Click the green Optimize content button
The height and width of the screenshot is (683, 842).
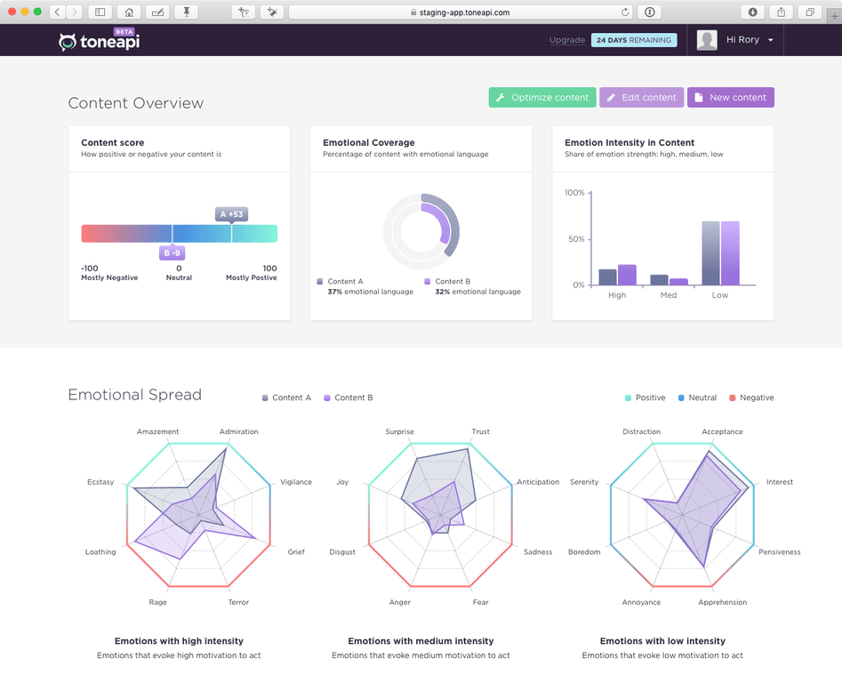click(541, 98)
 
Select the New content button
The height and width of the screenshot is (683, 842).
click(730, 98)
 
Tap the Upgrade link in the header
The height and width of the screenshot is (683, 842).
click(567, 40)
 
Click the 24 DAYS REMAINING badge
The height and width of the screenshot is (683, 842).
click(634, 40)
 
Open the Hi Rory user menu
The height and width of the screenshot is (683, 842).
click(749, 40)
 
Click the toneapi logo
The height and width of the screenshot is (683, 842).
click(100, 41)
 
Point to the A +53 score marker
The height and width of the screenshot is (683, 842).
click(231, 214)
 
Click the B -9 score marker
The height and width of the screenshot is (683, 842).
click(172, 253)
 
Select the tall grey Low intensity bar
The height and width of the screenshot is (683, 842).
click(710, 253)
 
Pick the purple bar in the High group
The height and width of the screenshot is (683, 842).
click(627, 275)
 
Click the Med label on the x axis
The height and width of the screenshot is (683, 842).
click(669, 295)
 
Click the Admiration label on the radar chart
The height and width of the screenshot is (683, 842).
click(238, 432)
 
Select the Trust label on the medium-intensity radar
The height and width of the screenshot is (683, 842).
click(481, 432)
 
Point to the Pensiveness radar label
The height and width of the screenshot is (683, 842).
click(779, 552)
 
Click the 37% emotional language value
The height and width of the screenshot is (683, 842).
click(370, 292)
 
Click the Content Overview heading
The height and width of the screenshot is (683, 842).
click(136, 103)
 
